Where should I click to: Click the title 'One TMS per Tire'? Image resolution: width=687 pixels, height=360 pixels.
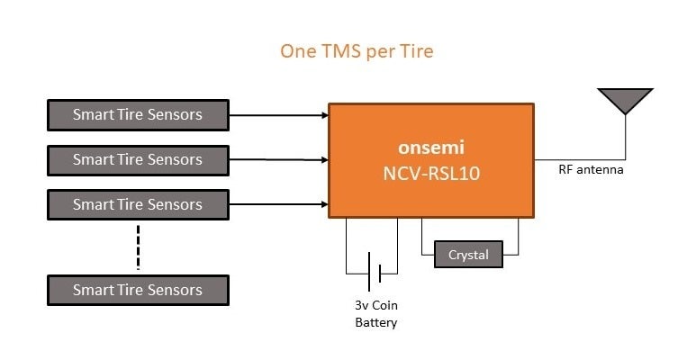pyautogui.click(x=357, y=51)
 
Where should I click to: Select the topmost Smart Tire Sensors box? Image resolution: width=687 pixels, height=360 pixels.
pyautogui.click(x=137, y=114)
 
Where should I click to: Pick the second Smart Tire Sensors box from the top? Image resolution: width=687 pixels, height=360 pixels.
pyautogui.click(x=137, y=159)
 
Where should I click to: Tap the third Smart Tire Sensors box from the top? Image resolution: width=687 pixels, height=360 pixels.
pyautogui.click(x=137, y=204)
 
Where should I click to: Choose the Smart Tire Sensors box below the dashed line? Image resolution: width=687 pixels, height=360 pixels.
pyautogui.click(x=137, y=290)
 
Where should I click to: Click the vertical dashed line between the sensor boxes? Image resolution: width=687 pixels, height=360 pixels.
pyautogui.click(x=138, y=247)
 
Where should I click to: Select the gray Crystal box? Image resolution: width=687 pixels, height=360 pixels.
pyautogui.click(x=468, y=256)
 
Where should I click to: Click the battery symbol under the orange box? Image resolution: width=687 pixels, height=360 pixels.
pyautogui.click(x=372, y=271)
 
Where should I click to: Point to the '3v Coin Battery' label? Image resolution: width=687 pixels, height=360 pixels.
pyautogui.click(x=372, y=314)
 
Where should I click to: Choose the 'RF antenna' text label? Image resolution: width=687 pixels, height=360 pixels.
pyautogui.click(x=591, y=169)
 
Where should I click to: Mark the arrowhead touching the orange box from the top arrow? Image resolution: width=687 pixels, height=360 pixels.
pyautogui.click(x=323, y=115)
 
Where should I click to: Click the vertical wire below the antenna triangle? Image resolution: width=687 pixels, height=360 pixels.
pyautogui.click(x=625, y=135)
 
